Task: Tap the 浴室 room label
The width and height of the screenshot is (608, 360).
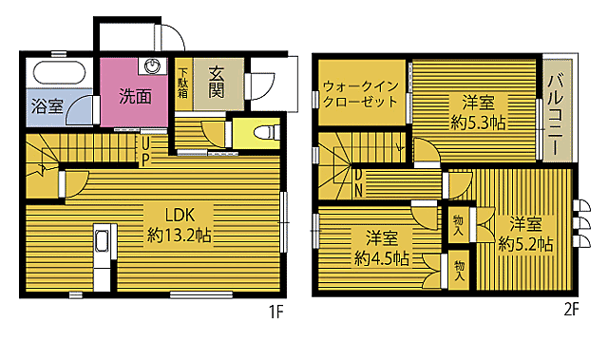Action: (x=47, y=106)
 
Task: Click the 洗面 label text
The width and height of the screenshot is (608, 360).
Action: (x=135, y=96)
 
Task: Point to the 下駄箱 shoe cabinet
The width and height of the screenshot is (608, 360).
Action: (x=182, y=83)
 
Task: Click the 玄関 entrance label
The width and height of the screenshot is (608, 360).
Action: (x=215, y=83)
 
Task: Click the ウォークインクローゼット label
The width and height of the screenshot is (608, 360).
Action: (x=359, y=92)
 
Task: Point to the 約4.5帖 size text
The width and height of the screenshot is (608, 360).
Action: (x=382, y=256)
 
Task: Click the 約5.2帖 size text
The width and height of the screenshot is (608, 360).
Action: (x=525, y=243)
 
